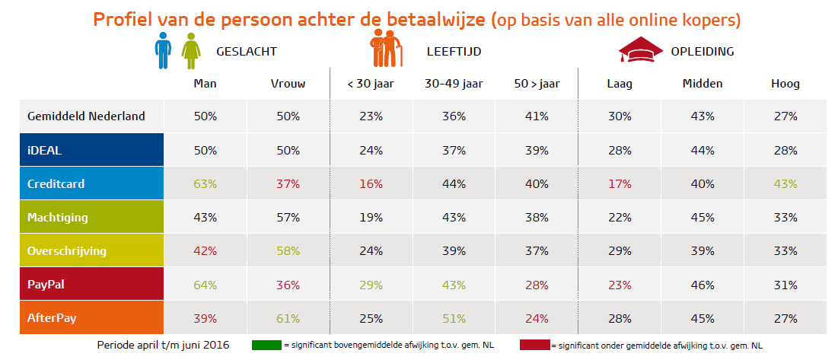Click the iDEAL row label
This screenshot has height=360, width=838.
click(43, 151)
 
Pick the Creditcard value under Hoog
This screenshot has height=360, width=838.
click(785, 184)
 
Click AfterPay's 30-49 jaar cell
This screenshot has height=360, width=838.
click(454, 317)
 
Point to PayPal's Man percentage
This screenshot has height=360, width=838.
click(206, 285)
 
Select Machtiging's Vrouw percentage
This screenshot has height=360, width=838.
click(288, 218)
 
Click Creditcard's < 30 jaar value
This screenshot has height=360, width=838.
click(371, 184)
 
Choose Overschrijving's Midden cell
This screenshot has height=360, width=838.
click(702, 251)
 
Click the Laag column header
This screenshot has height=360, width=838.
click(620, 84)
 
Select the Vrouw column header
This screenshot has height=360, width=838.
click(288, 84)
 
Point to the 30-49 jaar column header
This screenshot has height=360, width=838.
click(454, 84)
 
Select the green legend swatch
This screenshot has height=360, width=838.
click(266, 346)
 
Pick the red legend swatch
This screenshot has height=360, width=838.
click(534, 346)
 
